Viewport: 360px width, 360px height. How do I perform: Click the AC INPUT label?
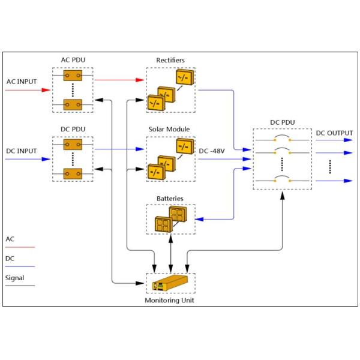(x=22, y=82)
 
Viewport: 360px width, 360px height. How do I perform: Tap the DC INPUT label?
(x=22, y=151)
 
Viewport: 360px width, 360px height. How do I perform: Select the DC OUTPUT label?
(x=334, y=133)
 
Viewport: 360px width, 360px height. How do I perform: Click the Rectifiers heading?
(x=170, y=60)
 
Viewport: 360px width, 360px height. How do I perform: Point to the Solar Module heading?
(x=169, y=129)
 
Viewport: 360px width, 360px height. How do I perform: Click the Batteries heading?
(x=170, y=199)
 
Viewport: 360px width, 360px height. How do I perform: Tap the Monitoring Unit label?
(x=169, y=301)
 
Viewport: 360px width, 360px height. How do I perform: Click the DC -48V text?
(x=212, y=151)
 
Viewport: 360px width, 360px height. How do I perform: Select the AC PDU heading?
(x=73, y=60)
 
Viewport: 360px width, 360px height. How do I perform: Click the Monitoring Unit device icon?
(x=170, y=283)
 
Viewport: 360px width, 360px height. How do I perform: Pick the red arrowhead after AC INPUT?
(x=46, y=90)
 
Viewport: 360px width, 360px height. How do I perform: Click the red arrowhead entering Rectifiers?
(x=140, y=80)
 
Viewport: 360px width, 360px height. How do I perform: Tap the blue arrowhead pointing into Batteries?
(x=199, y=219)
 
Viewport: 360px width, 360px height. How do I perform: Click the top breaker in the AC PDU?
(x=73, y=76)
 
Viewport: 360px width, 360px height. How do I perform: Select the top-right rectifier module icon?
(x=185, y=77)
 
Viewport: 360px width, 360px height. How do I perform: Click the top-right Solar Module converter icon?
(x=185, y=146)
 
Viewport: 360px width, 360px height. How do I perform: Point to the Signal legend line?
(x=20, y=286)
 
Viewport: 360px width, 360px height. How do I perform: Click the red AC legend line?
(x=20, y=247)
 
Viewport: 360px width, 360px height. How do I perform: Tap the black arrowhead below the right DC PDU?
(x=283, y=196)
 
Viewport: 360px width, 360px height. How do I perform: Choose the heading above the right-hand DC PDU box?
(x=283, y=122)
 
